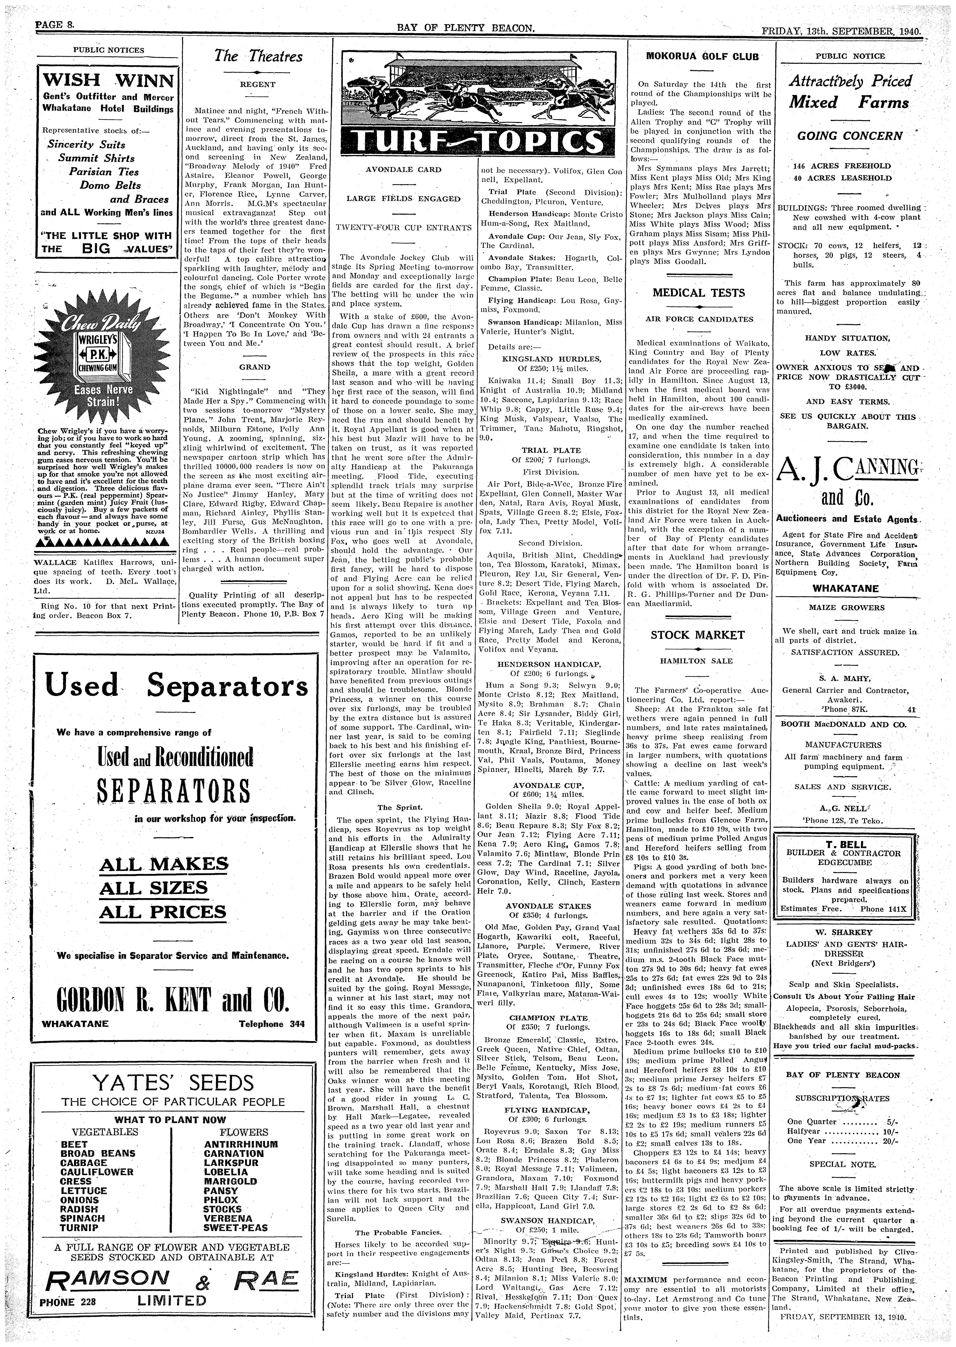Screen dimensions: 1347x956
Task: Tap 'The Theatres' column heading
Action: pos(258,57)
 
